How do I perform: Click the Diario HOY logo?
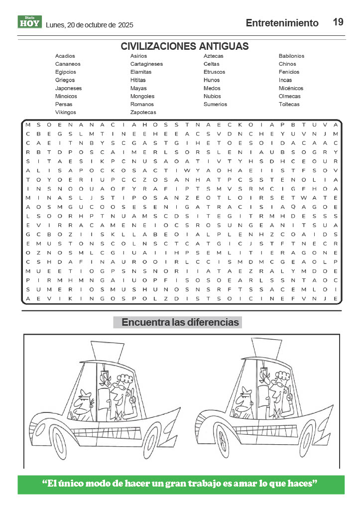point(29,22)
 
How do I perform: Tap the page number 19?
point(338,22)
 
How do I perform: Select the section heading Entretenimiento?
point(282,23)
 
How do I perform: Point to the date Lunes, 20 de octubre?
point(89,25)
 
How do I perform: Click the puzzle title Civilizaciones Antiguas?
point(185,46)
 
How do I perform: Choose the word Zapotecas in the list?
point(143,112)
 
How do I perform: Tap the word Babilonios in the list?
point(291,56)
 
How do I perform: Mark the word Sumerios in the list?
point(215,104)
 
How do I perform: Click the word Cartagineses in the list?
point(146,64)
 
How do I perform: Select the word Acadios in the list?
point(65,56)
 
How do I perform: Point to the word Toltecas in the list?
point(289,104)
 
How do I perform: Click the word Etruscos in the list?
point(214,72)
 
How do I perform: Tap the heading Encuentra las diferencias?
point(180,322)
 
